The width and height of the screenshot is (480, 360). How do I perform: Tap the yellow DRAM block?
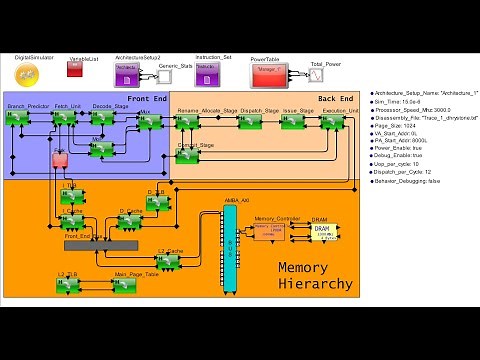coord(320,230)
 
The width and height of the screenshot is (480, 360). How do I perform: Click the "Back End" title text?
coord(335,99)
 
